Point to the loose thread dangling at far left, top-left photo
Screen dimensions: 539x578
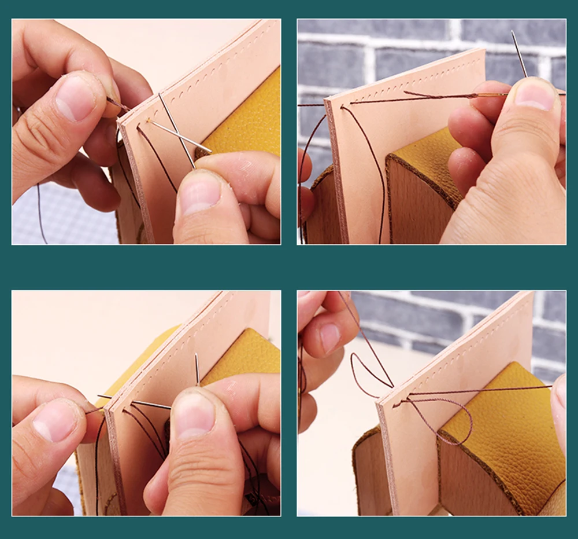click(41, 214)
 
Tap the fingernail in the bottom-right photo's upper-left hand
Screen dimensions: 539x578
click(330, 336)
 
